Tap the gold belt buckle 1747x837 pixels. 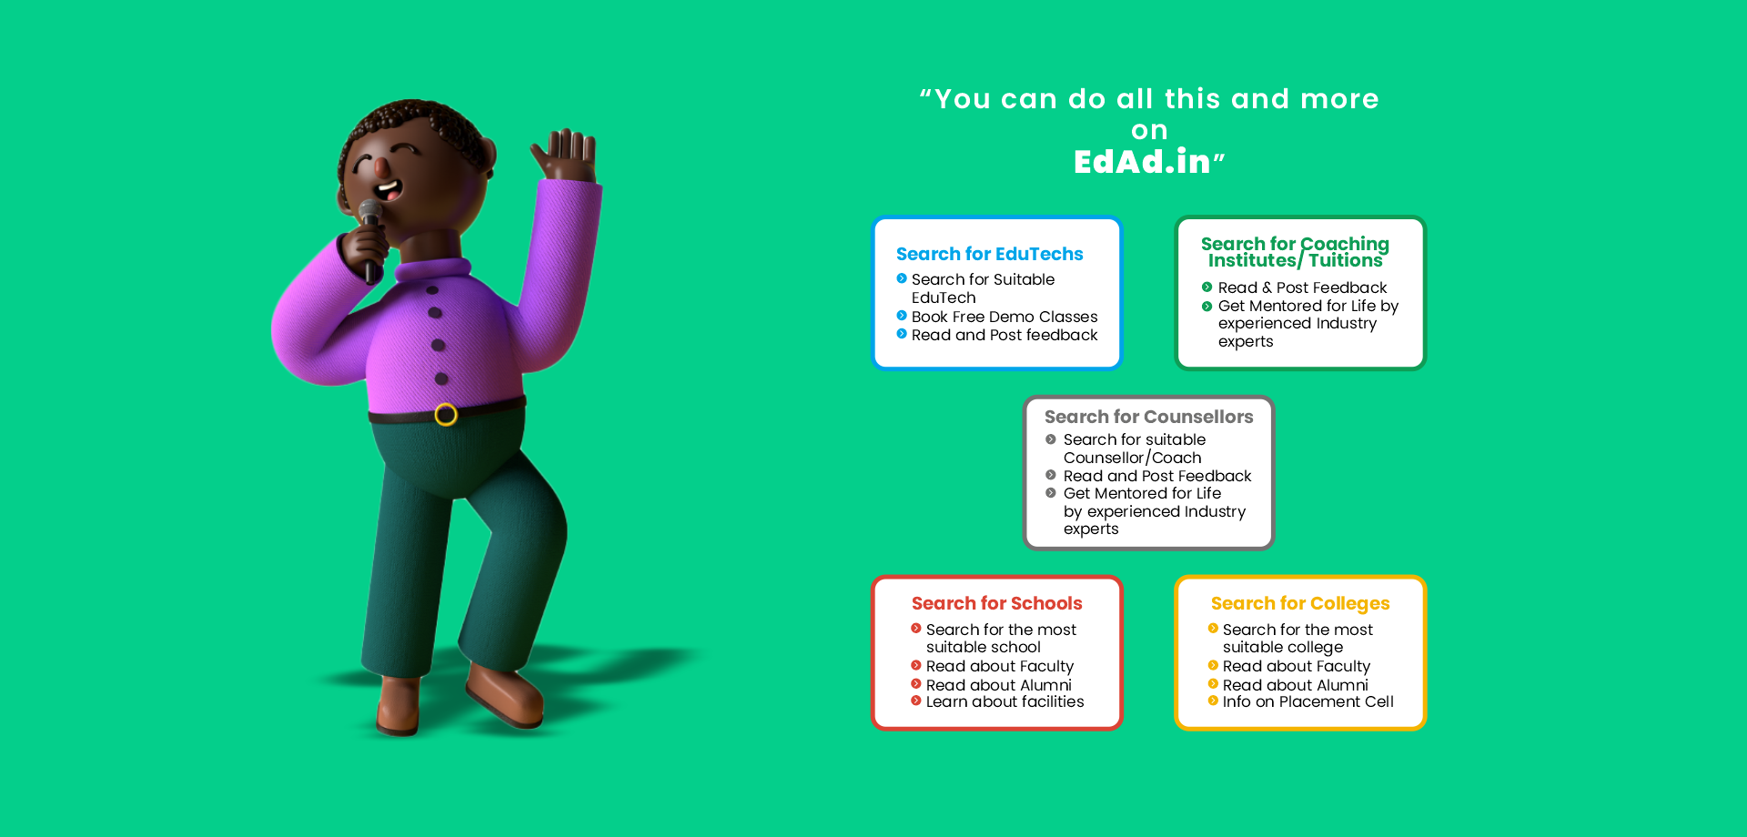tap(446, 415)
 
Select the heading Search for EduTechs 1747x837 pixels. tap(989, 254)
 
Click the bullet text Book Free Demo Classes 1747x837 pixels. tap(1005, 317)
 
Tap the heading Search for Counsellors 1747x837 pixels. tap(1148, 417)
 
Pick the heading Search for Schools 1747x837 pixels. tap(996, 603)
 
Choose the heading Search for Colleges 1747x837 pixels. tap(1300, 603)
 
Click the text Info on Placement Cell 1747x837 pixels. tap(1308, 701)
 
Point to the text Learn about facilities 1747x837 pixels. tap(1005, 701)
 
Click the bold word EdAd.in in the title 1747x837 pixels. tap(1142, 162)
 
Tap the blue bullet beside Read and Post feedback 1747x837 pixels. tap(902, 334)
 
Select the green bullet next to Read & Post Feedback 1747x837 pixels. tap(1207, 287)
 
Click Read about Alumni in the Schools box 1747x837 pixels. tap(998, 685)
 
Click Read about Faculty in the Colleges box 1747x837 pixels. tap(1296, 666)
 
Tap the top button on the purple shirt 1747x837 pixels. tap(432, 290)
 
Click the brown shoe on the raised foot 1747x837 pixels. tap(506, 695)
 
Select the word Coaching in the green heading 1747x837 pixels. tap(1345, 245)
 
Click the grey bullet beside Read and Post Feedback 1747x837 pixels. tap(1050, 475)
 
